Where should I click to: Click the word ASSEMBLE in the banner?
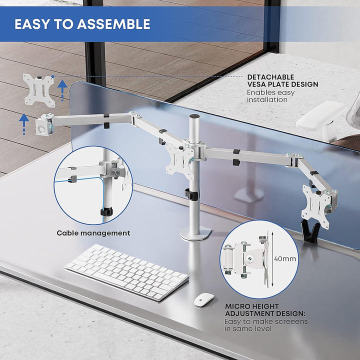pyautogui.click(x=113, y=24)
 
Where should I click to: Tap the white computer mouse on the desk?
pyautogui.click(x=204, y=299)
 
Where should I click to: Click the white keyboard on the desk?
pyautogui.click(x=126, y=271)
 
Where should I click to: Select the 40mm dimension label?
pyautogui.click(x=285, y=259)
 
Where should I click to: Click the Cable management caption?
pyautogui.click(x=93, y=233)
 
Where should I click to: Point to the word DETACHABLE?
pyautogui.click(x=270, y=77)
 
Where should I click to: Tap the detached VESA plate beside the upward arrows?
pyautogui.click(x=39, y=90)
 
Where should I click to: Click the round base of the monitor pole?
pyautogui.click(x=196, y=233)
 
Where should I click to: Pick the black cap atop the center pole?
pyautogui.click(x=194, y=116)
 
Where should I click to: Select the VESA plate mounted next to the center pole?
pyautogui.click(x=179, y=160)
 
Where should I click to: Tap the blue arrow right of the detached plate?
pyautogui.click(x=62, y=90)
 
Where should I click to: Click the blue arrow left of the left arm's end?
pyautogui.click(x=24, y=124)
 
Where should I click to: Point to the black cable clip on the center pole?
pyautogui.click(x=191, y=194)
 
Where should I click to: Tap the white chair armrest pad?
pyautogui.click(x=321, y=115)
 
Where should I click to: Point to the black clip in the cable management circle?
pyautogui.click(x=106, y=211)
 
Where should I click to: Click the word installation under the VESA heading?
pyautogui.click(x=267, y=99)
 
